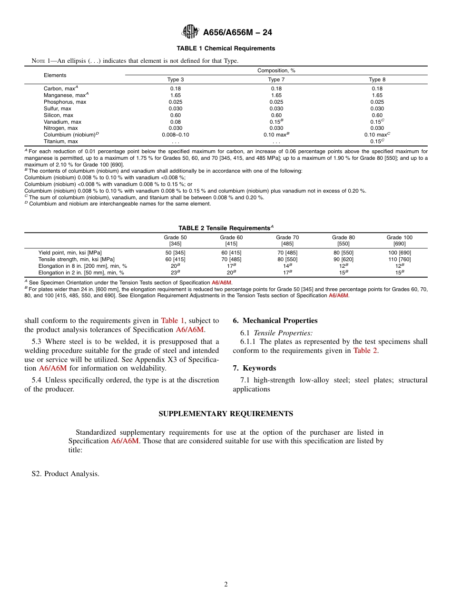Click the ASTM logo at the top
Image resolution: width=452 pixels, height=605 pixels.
tap(190, 32)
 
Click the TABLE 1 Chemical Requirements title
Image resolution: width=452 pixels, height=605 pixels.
tap(226, 49)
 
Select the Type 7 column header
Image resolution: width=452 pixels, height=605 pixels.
tap(276, 80)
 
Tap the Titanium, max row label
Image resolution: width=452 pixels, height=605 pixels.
tap(60, 142)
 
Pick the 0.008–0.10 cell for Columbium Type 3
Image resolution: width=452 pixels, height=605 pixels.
tap(175, 135)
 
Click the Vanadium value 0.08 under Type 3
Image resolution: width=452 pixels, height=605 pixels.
tap(175, 122)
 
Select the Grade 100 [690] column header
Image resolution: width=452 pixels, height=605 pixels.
tap(399, 241)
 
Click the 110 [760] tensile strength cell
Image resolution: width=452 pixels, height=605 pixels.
tap(399, 260)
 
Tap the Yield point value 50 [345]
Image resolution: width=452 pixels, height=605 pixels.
tap(175, 253)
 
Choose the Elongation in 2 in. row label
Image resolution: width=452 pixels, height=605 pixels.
tap(81, 273)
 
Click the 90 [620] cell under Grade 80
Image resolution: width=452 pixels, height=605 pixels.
tap(343, 260)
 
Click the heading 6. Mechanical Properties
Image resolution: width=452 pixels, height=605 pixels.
tap(275, 321)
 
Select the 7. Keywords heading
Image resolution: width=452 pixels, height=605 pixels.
tap(254, 368)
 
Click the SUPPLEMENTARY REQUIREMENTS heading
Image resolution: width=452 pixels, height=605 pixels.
tap(226, 414)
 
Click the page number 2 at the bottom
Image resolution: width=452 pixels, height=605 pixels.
tap(226, 585)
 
